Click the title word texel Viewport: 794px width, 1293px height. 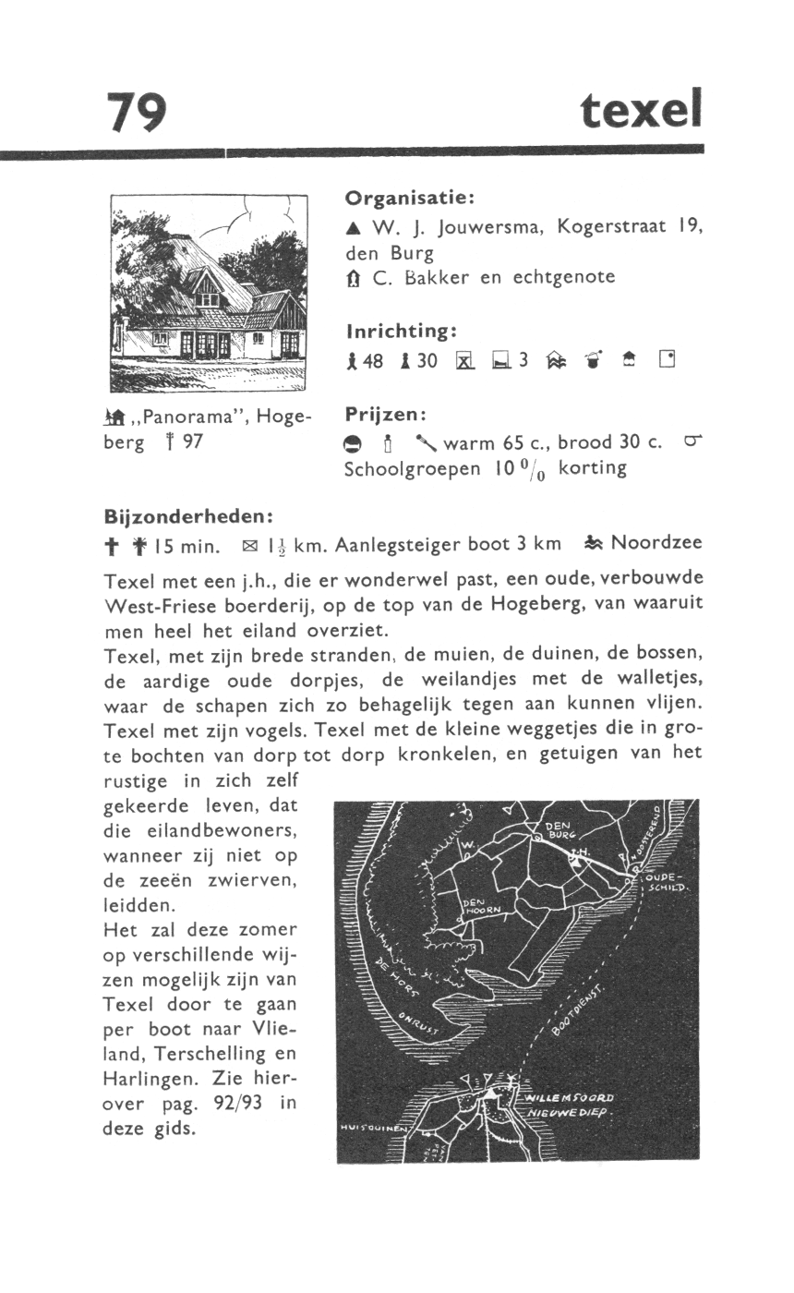pyautogui.click(x=642, y=111)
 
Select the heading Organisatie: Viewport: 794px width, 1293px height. pyautogui.click(x=410, y=198)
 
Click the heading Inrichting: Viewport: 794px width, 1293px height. pyautogui.click(x=403, y=331)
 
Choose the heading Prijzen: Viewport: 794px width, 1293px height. pyautogui.click(x=386, y=414)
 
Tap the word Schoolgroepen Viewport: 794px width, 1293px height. pyautogui.click(x=412, y=467)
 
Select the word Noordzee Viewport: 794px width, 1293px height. pyautogui.click(x=657, y=543)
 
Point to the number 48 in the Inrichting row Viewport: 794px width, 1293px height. pyautogui.click(x=373, y=361)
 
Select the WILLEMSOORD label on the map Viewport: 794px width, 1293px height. pyautogui.click(x=569, y=1098)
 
